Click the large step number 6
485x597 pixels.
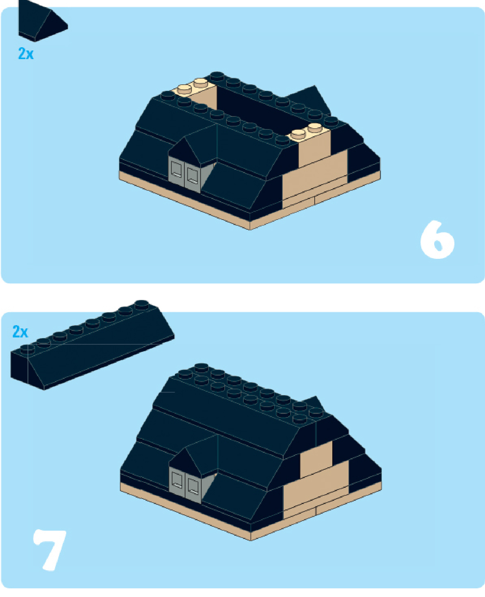[x=437, y=239]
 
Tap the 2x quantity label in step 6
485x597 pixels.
[x=26, y=54]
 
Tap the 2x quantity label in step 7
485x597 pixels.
[x=20, y=332]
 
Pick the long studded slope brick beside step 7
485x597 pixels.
[x=93, y=344]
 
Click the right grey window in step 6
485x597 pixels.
[x=192, y=176]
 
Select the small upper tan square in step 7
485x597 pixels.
[x=316, y=459]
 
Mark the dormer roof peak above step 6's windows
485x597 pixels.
[x=184, y=137]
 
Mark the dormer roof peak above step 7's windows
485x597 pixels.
[x=185, y=448]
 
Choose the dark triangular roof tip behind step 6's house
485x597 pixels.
[x=314, y=86]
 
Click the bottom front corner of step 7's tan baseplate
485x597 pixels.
[x=251, y=540]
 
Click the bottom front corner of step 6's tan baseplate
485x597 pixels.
[x=250, y=230]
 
